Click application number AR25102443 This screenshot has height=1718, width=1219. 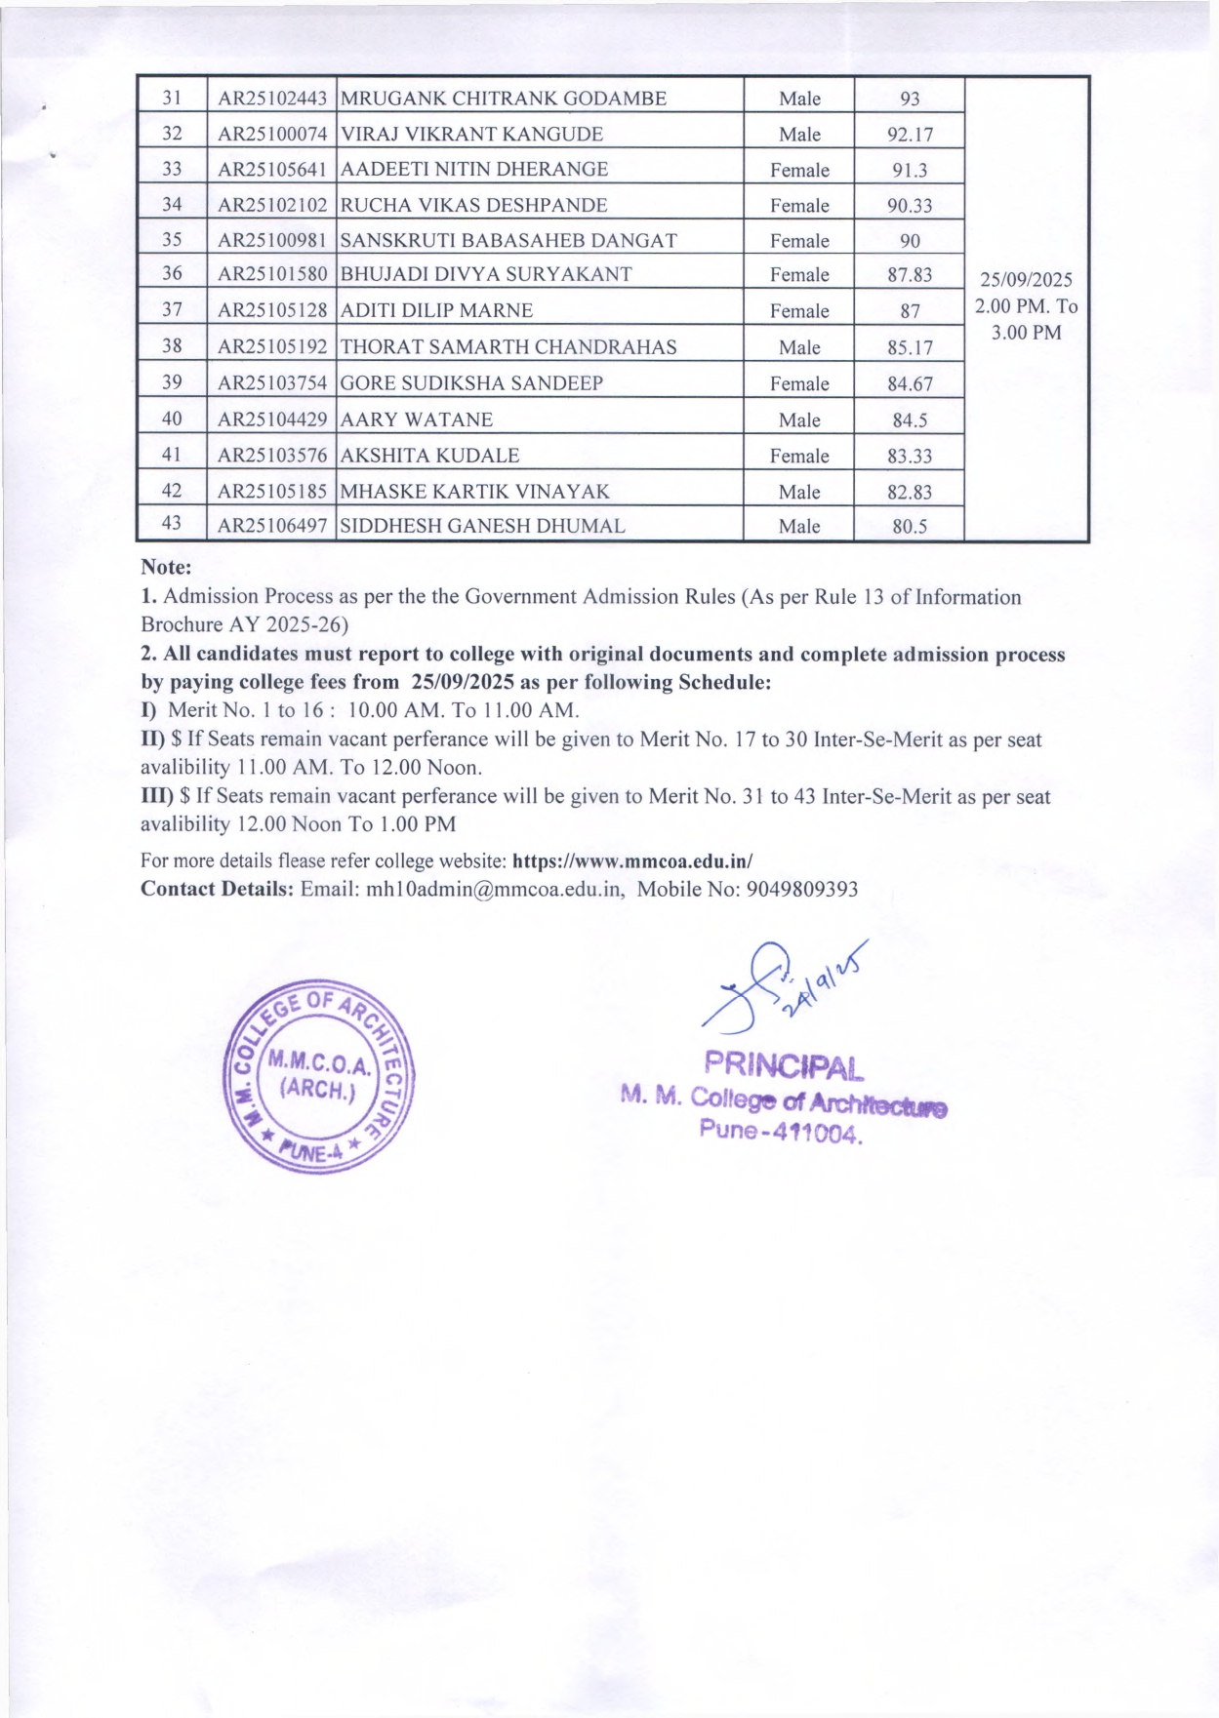272,99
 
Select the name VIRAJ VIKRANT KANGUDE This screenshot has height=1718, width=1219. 471,134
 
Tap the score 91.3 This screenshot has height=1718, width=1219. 910,170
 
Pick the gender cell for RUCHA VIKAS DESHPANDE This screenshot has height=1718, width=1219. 799,205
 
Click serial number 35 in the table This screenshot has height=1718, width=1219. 172,240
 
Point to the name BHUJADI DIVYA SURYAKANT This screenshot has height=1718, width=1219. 486,274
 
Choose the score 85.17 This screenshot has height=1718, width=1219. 910,347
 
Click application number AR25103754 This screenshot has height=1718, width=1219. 272,383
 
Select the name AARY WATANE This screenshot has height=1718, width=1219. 417,420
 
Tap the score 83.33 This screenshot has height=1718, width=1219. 910,456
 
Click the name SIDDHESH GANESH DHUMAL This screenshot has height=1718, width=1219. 482,526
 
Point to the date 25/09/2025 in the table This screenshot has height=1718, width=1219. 1026,280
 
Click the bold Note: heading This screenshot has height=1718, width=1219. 166,567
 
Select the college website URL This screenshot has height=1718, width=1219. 632,861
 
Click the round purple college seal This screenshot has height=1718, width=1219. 318,1076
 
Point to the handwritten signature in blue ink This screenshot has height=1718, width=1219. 771,985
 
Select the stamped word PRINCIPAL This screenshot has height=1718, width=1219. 784,1065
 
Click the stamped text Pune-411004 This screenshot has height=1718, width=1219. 781,1132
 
